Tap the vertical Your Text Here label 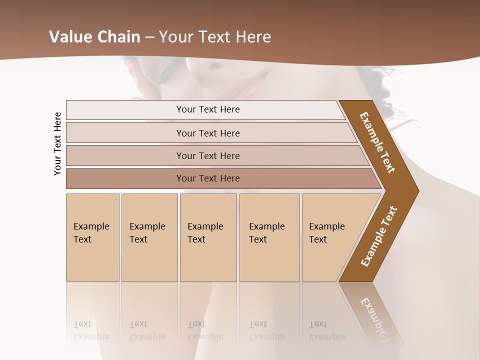(58, 144)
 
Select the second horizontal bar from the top (208, 133)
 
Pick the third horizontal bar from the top (208, 155)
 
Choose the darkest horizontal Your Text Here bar (208, 178)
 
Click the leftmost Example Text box (92, 237)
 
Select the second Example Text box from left (149, 237)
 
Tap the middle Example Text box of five (208, 237)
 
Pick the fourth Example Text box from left (269, 237)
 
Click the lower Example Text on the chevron (379, 236)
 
